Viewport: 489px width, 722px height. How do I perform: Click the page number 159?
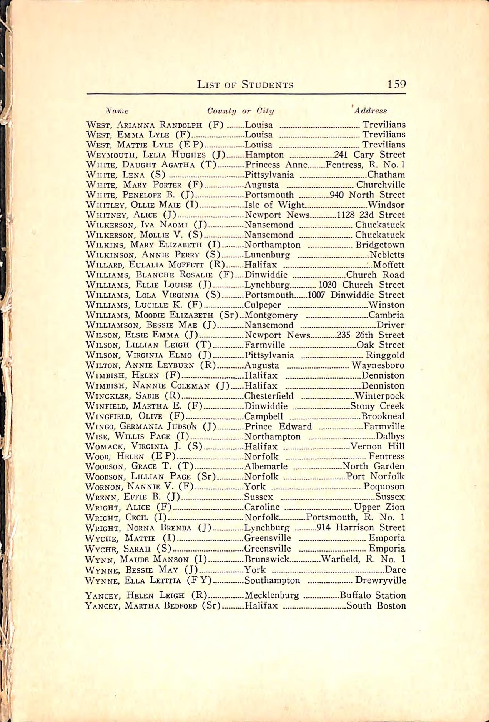pyautogui.click(x=397, y=84)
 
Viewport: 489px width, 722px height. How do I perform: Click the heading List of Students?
pyautogui.click(x=245, y=85)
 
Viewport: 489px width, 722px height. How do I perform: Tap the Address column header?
pyautogui.click(x=370, y=111)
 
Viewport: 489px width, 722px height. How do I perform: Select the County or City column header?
pyautogui.click(x=241, y=111)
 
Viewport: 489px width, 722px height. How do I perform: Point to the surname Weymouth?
pyautogui.click(x=112, y=155)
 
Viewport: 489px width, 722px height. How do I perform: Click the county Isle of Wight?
pyautogui.click(x=274, y=205)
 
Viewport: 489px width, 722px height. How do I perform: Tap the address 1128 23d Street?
pyautogui.click(x=371, y=215)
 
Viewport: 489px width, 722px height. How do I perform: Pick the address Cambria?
pyautogui.click(x=386, y=315)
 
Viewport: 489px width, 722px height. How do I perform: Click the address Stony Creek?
pyautogui.click(x=377, y=406)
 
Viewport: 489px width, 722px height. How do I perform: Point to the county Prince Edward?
pyautogui.click(x=278, y=426)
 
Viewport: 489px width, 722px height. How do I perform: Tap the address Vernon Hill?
pyautogui.click(x=377, y=446)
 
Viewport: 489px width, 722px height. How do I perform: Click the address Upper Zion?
pyautogui.click(x=379, y=507)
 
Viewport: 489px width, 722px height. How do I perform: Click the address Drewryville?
pyautogui.click(x=380, y=580)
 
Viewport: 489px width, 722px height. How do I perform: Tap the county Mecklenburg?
pyautogui.click(x=272, y=595)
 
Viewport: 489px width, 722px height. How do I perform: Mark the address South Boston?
pyautogui.click(x=376, y=606)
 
